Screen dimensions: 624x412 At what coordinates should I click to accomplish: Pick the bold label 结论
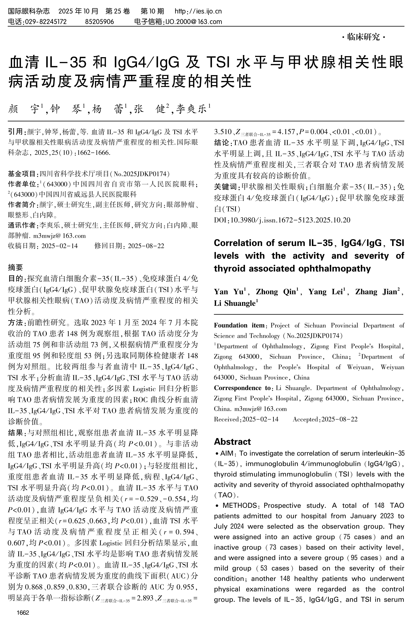[x=222, y=143]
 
